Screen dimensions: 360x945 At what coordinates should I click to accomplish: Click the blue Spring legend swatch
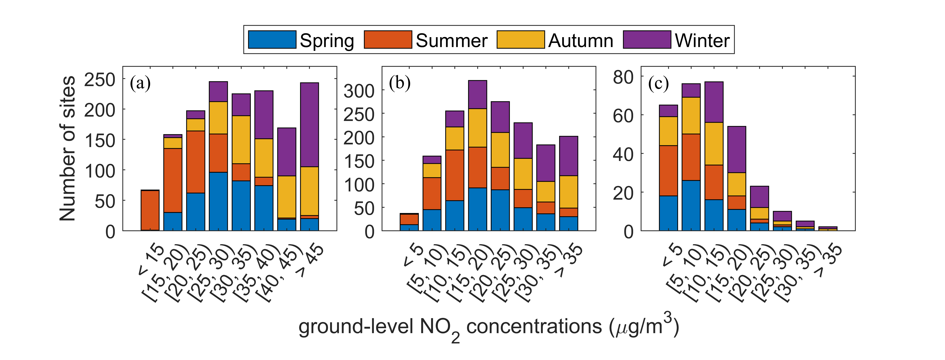(x=272, y=40)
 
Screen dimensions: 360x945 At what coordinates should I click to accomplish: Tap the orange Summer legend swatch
(x=388, y=40)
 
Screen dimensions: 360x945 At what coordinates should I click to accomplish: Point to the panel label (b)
(x=399, y=83)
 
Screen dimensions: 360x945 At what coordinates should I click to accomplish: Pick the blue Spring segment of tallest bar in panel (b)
(x=478, y=209)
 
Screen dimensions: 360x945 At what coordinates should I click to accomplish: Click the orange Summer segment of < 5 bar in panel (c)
(x=668, y=171)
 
